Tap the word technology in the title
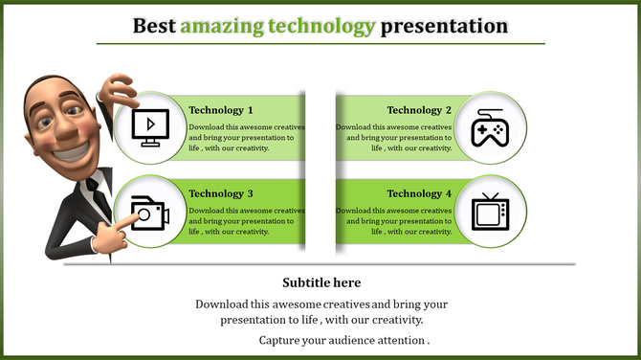(x=318, y=26)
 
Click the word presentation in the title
(x=444, y=26)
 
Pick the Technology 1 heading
(x=221, y=110)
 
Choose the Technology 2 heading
(x=413, y=110)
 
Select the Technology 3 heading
(x=221, y=193)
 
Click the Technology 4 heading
(x=413, y=193)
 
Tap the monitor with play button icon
(x=149, y=127)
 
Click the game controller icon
(x=491, y=127)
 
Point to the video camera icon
(x=149, y=212)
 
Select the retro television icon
(x=491, y=211)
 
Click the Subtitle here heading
(x=321, y=282)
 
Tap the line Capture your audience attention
(x=343, y=340)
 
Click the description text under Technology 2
(x=393, y=137)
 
